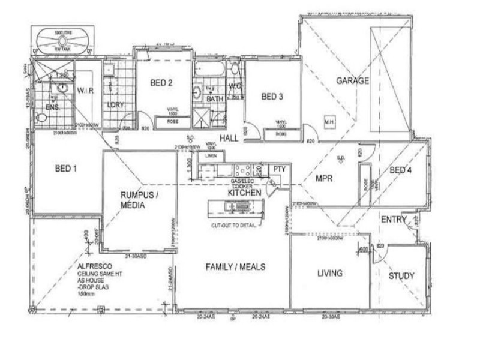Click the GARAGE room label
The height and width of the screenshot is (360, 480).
point(352,80)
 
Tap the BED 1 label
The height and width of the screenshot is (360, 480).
point(66,169)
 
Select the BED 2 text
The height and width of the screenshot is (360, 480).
point(161,83)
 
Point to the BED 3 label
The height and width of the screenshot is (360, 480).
point(272,97)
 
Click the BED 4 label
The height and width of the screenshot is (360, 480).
point(401,170)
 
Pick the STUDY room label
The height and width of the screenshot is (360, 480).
point(401,276)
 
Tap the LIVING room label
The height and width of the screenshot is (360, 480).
point(329,274)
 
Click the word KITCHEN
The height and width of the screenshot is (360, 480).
point(244,193)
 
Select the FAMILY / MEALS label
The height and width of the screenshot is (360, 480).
point(235,267)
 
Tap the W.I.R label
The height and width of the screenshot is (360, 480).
point(88,91)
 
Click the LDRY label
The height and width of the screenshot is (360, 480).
point(115,105)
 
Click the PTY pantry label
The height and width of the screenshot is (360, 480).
point(277,170)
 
